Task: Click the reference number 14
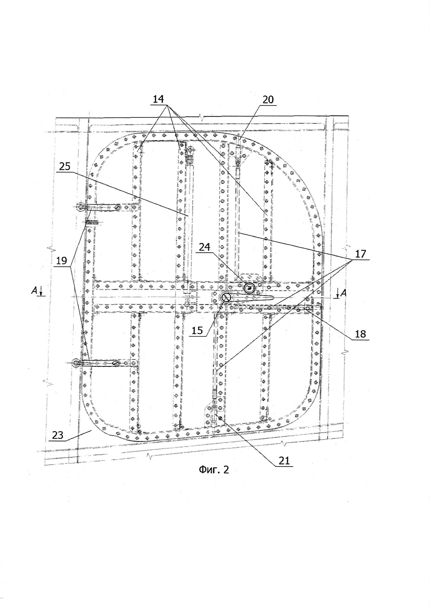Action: pyautogui.click(x=158, y=99)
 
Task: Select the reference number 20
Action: pyautogui.click(x=268, y=100)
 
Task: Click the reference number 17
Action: pyautogui.click(x=360, y=254)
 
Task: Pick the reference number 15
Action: pyautogui.click(x=197, y=330)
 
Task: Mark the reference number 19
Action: pyautogui.click(x=62, y=261)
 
